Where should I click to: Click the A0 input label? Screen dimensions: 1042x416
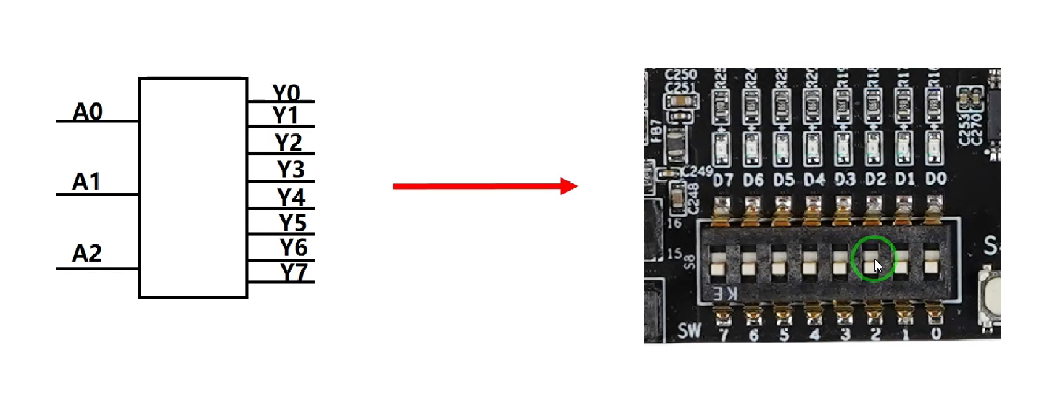point(88,112)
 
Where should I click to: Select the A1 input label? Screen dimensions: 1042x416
point(86,182)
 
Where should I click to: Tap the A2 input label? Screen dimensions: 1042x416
point(86,253)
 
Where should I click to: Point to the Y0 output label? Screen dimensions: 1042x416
point(286,93)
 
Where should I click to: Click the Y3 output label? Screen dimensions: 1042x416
point(291,169)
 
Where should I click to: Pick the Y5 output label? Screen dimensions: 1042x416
point(292,222)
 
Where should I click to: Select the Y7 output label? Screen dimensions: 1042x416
point(294,272)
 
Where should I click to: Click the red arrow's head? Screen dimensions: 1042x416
point(569,186)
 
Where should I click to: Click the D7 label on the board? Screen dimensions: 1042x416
point(723,180)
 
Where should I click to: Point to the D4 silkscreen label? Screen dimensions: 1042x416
point(814,180)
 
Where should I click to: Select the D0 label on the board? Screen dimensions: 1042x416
point(936,179)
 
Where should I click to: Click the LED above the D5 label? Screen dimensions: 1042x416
point(781,149)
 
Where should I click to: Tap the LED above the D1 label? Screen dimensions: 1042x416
point(903,149)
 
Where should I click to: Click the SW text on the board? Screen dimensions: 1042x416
point(690,331)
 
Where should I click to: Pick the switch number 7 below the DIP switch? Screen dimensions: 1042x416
point(724,335)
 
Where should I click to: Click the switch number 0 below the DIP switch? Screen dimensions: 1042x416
point(936,334)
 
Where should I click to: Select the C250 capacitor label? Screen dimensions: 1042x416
point(680,74)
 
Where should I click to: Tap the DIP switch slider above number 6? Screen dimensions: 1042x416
point(749,263)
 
